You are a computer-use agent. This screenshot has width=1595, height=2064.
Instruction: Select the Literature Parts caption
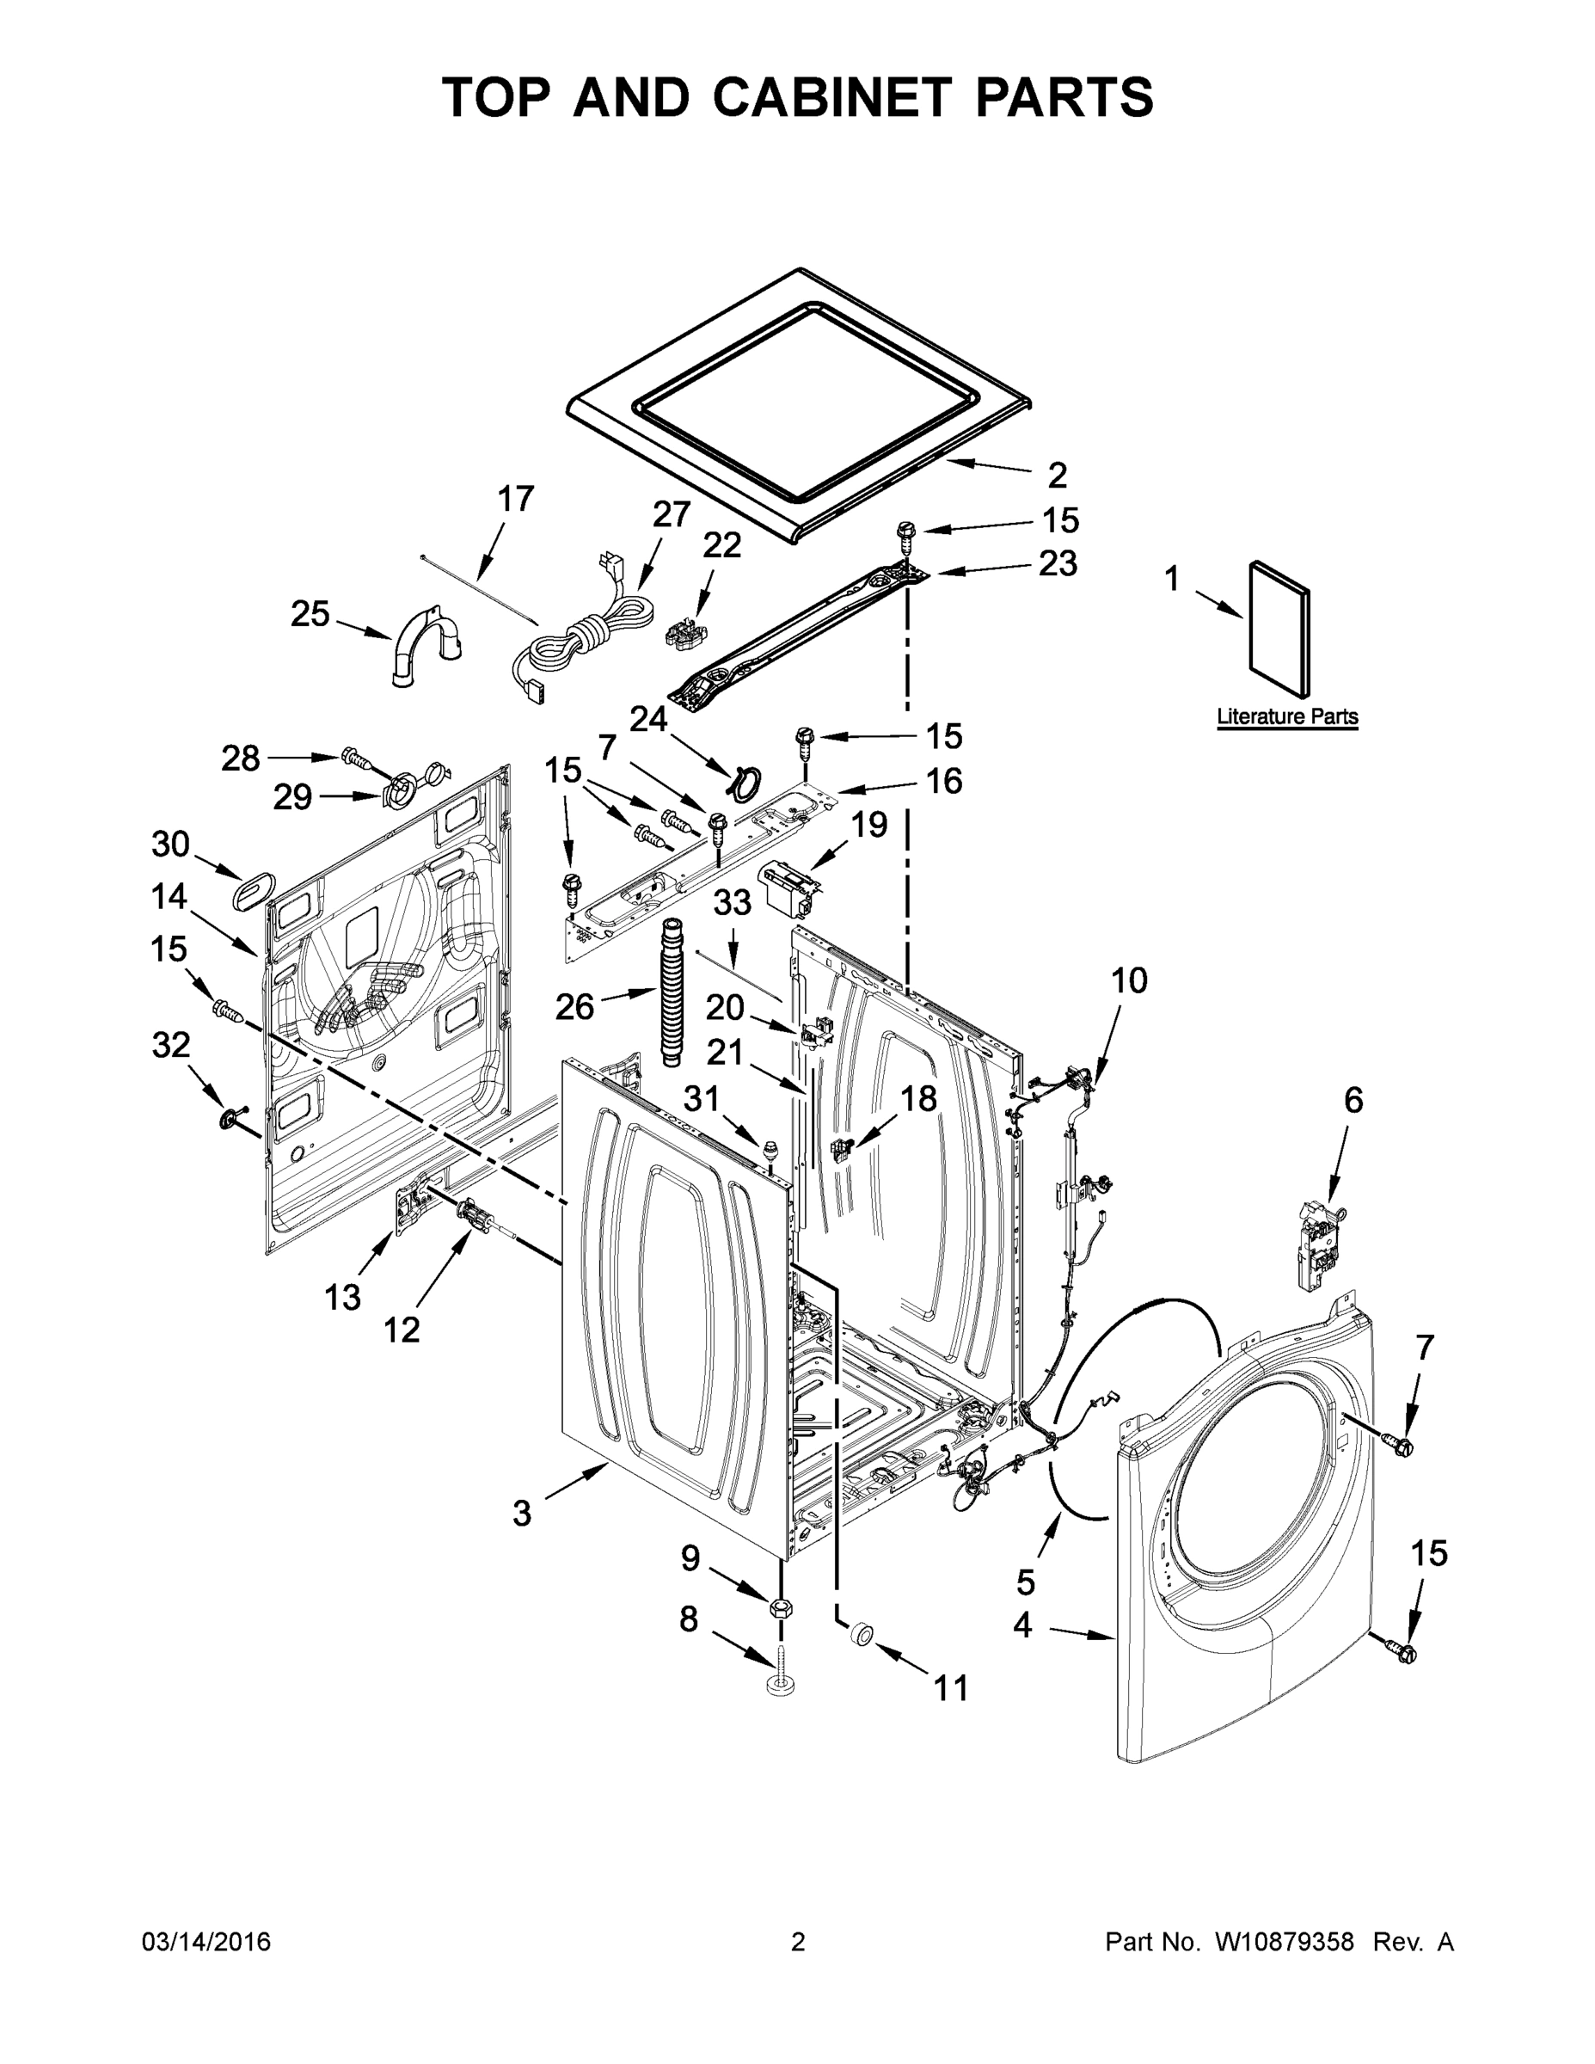[1286, 716]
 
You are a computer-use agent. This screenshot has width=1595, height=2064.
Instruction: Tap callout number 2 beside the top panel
[1058, 476]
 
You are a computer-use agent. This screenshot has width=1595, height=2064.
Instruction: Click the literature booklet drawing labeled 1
[1279, 628]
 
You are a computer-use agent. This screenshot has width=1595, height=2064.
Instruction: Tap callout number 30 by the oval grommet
[170, 844]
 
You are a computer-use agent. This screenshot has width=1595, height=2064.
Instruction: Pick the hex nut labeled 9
[781, 1606]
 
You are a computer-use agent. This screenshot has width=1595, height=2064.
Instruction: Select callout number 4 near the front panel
[1022, 1625]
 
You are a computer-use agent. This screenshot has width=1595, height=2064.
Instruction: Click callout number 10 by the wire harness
[1128, 980]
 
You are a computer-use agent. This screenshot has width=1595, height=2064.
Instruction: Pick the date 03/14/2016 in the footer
[206, 1941]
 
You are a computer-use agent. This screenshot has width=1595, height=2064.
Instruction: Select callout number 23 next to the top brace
[1058, 563]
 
